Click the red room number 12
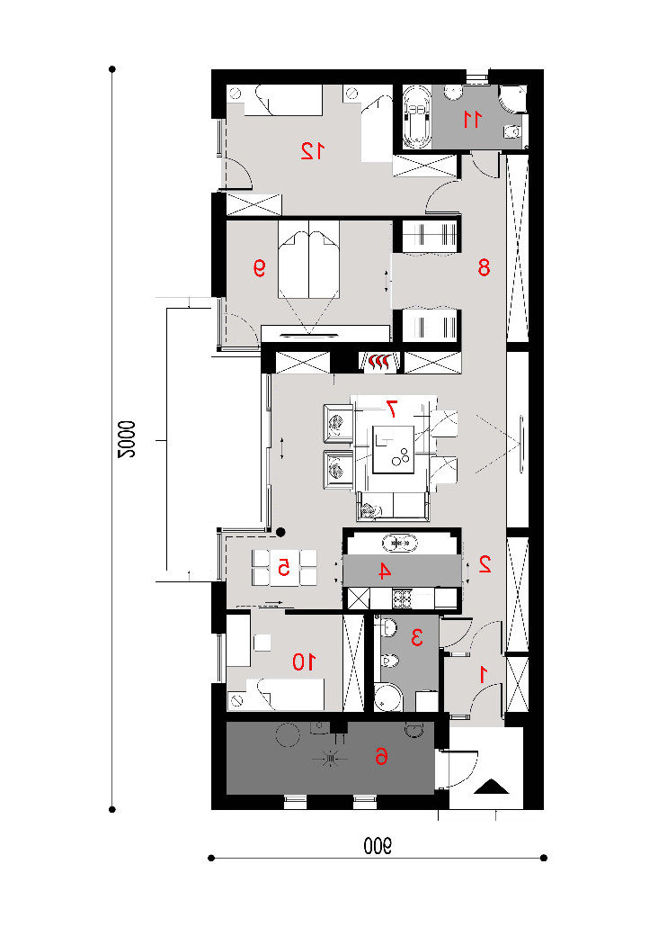(313, 150)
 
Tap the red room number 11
(473, 120)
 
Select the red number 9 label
(260, 267)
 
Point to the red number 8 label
(484, 267)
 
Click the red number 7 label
(391, 409)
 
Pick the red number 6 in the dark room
(381, 756)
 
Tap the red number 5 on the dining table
(283, 567)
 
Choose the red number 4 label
(384, 571)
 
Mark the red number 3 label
(416, 637)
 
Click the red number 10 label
(304, 662)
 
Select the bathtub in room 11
(416, 116)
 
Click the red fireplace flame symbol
(378, 362)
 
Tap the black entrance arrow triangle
(493, 787)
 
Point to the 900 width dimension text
(378, 846)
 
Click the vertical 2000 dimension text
(127, 439)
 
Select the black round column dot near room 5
(280, 532)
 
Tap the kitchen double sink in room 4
(400, 544)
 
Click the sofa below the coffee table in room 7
(395, 506)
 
